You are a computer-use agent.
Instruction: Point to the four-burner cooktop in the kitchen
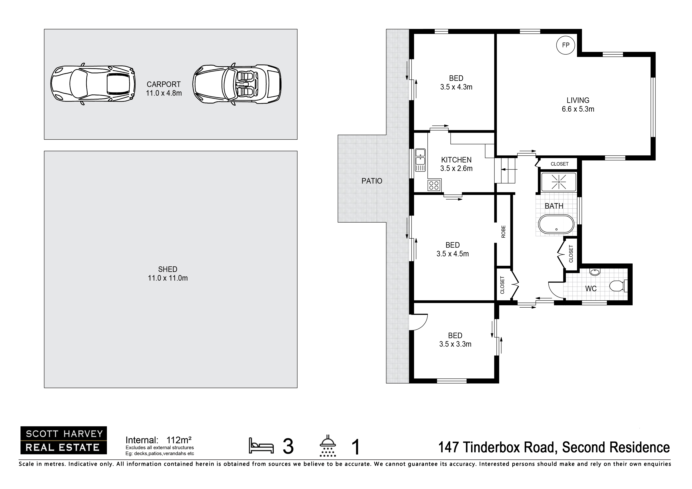point(434,185)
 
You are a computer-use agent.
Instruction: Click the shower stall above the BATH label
point(558,182)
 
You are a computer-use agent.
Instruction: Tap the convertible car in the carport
point(237,84)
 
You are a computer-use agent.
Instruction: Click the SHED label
point(167,269)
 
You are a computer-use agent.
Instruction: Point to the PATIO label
point(372,181)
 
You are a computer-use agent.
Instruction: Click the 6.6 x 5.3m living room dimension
point(578,109)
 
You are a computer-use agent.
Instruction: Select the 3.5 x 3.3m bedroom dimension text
point(455,344)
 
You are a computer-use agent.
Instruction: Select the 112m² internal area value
point(179,440)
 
